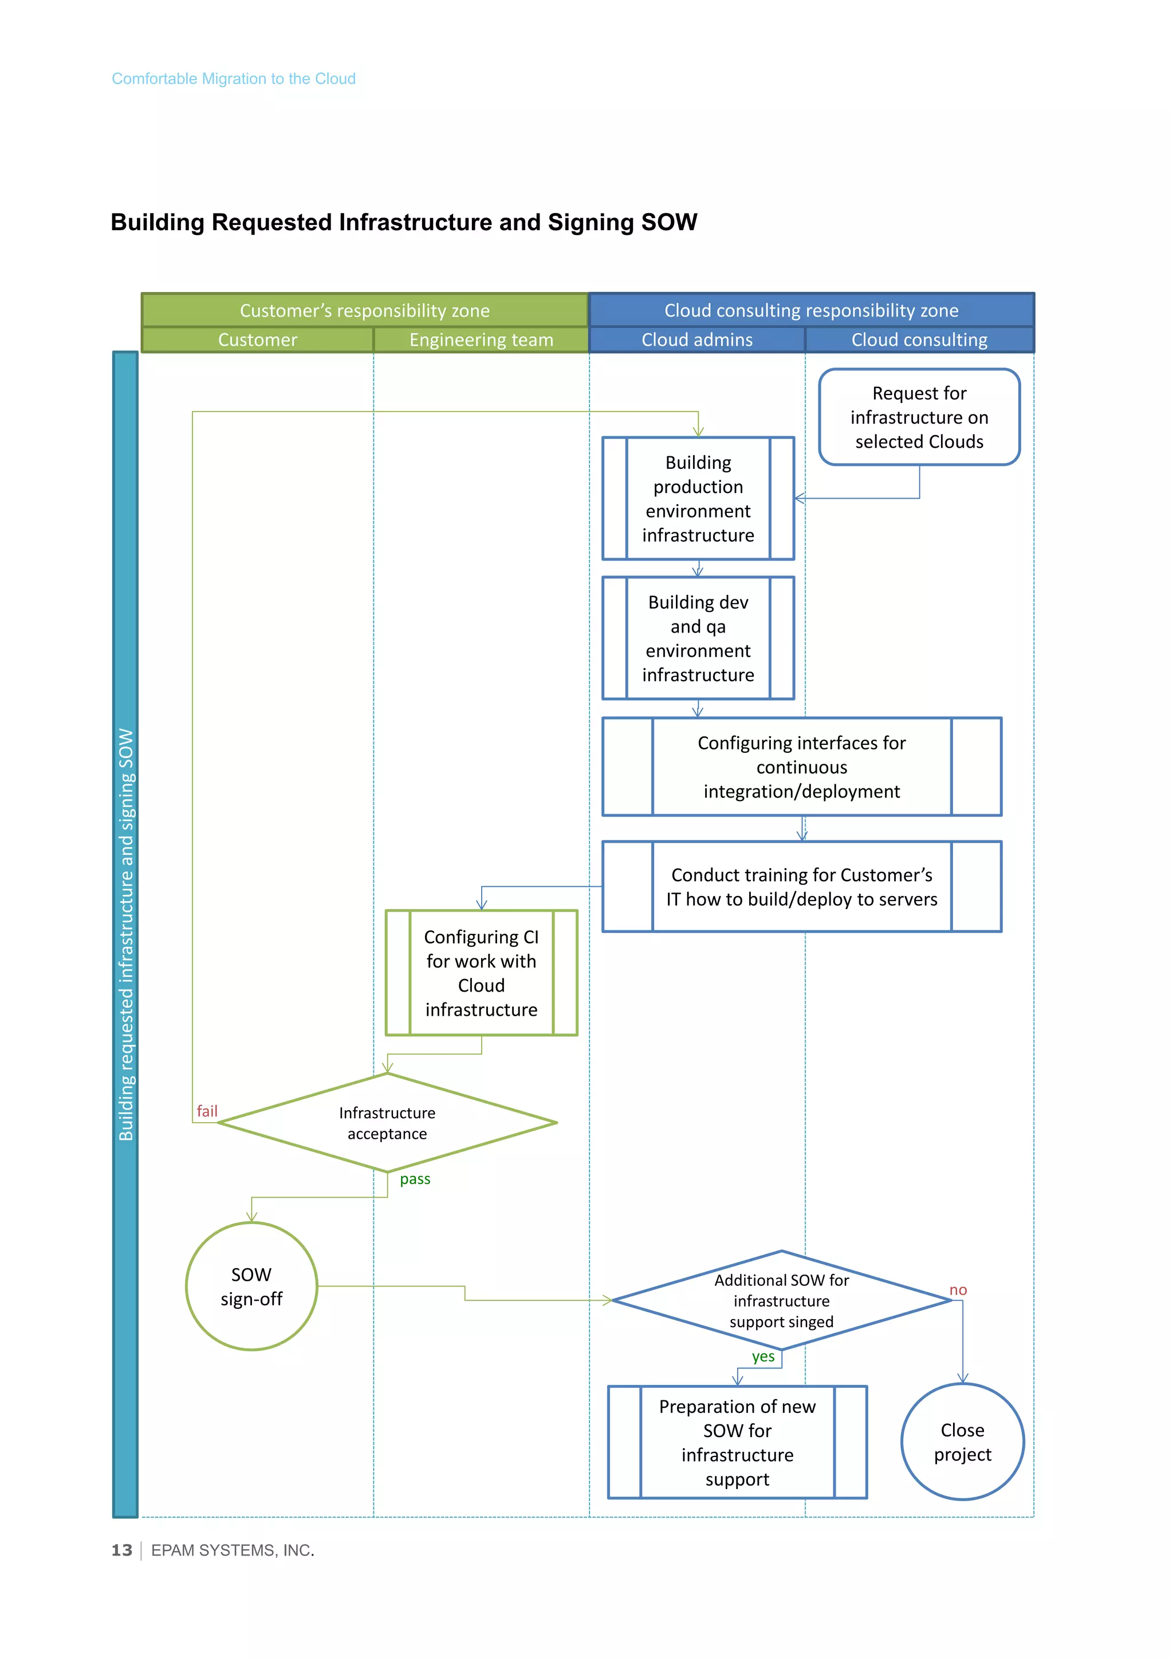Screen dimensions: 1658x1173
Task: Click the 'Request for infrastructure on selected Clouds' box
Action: pos(919,417)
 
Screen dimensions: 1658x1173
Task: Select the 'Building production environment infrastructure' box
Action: pos(698,498)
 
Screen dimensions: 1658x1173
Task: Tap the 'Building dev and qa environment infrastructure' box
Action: pos(698,638)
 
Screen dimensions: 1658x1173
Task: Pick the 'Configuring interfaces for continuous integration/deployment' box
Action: pos(802,767)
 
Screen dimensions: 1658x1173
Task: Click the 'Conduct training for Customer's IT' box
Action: pos(802,887)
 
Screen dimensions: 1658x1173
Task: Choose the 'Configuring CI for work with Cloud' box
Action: pos(481,973)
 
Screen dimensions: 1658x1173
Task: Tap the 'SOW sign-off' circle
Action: pos(251,1287)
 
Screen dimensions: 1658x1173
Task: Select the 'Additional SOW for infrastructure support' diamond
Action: pos(781,1301)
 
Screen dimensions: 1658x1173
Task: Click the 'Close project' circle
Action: pos(962,1442)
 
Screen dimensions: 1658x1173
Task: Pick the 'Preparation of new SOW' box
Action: pos(737,1442)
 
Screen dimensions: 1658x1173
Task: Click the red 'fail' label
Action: pos(207,1111)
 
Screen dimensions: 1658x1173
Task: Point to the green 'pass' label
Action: pos(415,1179)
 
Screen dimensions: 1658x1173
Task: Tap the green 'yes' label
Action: pos(763,1357)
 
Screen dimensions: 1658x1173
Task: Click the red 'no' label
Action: pos(958,1290)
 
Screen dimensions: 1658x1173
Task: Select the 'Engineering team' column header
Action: pos(481,340)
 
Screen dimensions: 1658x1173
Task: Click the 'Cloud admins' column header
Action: pos(697,340)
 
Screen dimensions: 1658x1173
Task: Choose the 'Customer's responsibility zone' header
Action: pos(365,310)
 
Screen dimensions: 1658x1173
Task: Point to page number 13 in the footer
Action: pos(121,1550)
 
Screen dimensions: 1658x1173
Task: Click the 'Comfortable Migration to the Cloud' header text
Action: pos(233,78)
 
